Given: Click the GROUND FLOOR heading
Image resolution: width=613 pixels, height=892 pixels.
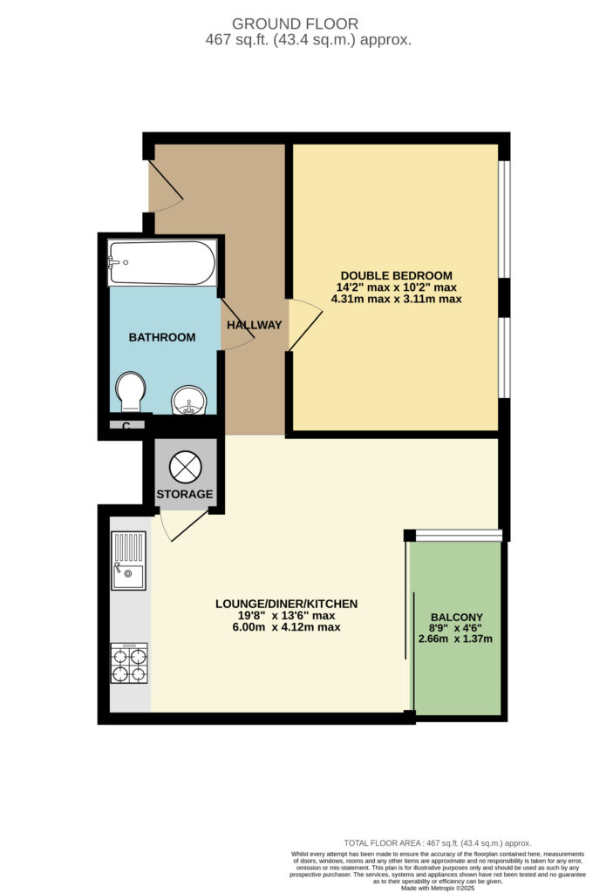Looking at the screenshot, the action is [x=295, y=24].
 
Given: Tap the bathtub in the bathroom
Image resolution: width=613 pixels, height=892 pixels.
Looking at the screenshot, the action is [x=162, y=262].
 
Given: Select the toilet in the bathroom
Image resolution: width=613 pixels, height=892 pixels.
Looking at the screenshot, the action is [x=131, y=391].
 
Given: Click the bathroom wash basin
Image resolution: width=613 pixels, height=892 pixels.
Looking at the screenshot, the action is [x=188, y=400].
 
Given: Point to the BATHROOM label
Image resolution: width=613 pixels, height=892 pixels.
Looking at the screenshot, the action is [x=162, y=337].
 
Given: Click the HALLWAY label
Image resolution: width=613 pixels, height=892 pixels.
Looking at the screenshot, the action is [x=254, y=325].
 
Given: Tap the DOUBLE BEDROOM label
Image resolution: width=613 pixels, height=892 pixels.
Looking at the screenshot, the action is [x=397, y=276].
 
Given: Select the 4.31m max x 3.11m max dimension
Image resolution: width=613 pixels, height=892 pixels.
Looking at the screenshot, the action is [x=397, y=299].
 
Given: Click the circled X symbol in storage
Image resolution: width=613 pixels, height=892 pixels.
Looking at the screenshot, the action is [x=185, y=467].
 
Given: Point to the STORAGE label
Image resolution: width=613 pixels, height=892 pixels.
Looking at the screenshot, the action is [x=185, y=494].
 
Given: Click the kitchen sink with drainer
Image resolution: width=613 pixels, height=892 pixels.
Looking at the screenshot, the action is [x=128, y=560].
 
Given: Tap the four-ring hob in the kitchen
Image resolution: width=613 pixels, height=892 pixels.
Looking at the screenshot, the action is [x=129, y=663].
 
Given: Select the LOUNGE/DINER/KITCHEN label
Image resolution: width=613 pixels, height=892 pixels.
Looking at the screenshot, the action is [x=287, y=604].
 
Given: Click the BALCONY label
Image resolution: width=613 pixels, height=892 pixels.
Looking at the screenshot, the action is [x=457, y=618].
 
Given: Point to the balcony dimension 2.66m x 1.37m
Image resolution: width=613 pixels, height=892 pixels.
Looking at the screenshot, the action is [x=456, y=639].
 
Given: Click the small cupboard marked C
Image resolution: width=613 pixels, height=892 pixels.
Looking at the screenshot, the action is [x=126, y=425].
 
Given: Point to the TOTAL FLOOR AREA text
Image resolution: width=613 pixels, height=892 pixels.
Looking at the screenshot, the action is [x=438, y=843].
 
